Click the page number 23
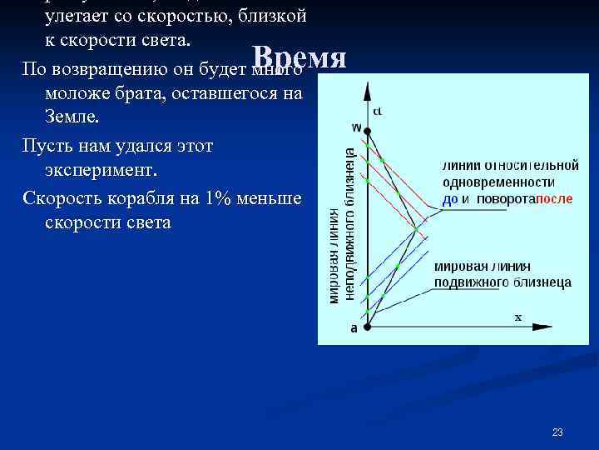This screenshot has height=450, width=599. (557, 432)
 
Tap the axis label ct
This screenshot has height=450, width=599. (378, 111)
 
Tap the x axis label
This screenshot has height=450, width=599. (517, 317)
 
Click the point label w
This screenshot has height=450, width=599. (356, 127)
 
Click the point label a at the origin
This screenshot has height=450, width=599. (354, 329)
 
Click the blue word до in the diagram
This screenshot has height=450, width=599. (449, 199)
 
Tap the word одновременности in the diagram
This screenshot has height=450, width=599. (498, 182)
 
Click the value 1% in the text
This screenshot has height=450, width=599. (205, 202)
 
